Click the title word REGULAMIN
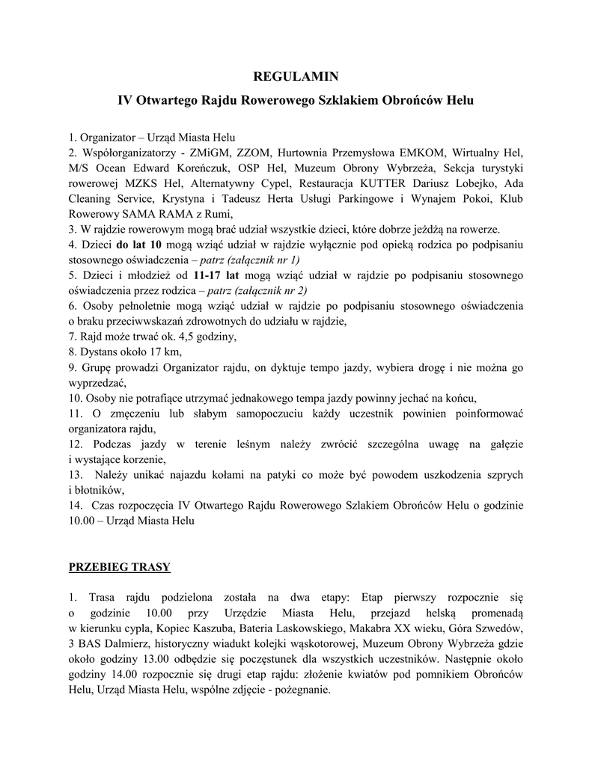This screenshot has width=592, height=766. coord(296,76)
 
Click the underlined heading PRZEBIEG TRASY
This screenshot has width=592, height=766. coord(119,566)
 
